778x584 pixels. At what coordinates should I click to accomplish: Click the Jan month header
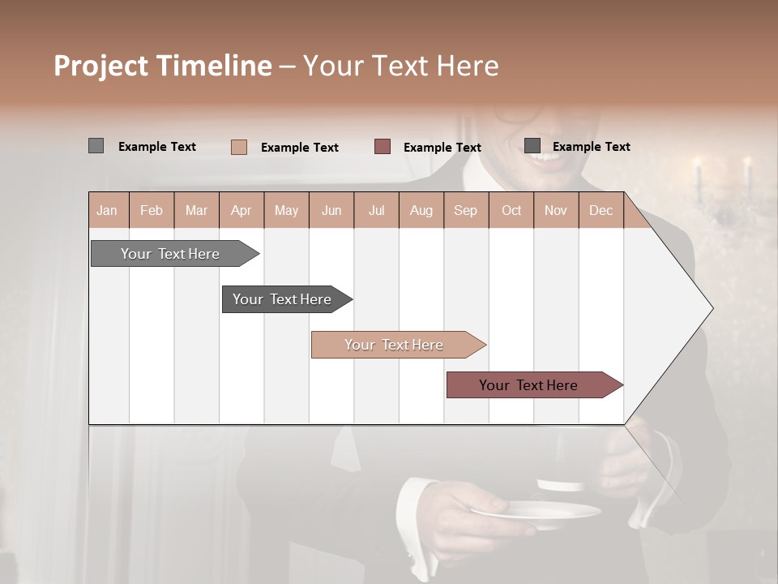107,211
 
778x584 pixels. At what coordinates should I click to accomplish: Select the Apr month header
241,211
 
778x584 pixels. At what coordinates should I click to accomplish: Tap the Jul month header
376,211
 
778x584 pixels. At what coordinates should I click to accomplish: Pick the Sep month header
465,211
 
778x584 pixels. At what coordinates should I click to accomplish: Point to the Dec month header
601,211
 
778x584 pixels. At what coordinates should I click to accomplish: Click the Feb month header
152,211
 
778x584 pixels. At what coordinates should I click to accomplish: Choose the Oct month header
511,211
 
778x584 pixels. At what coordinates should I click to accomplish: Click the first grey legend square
96,146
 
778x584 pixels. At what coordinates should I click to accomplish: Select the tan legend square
238,147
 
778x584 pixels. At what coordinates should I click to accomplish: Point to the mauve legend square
382,146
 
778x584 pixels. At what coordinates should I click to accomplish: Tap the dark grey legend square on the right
532,145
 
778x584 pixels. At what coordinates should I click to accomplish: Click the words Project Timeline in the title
162,66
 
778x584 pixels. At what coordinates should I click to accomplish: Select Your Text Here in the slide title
400,66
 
